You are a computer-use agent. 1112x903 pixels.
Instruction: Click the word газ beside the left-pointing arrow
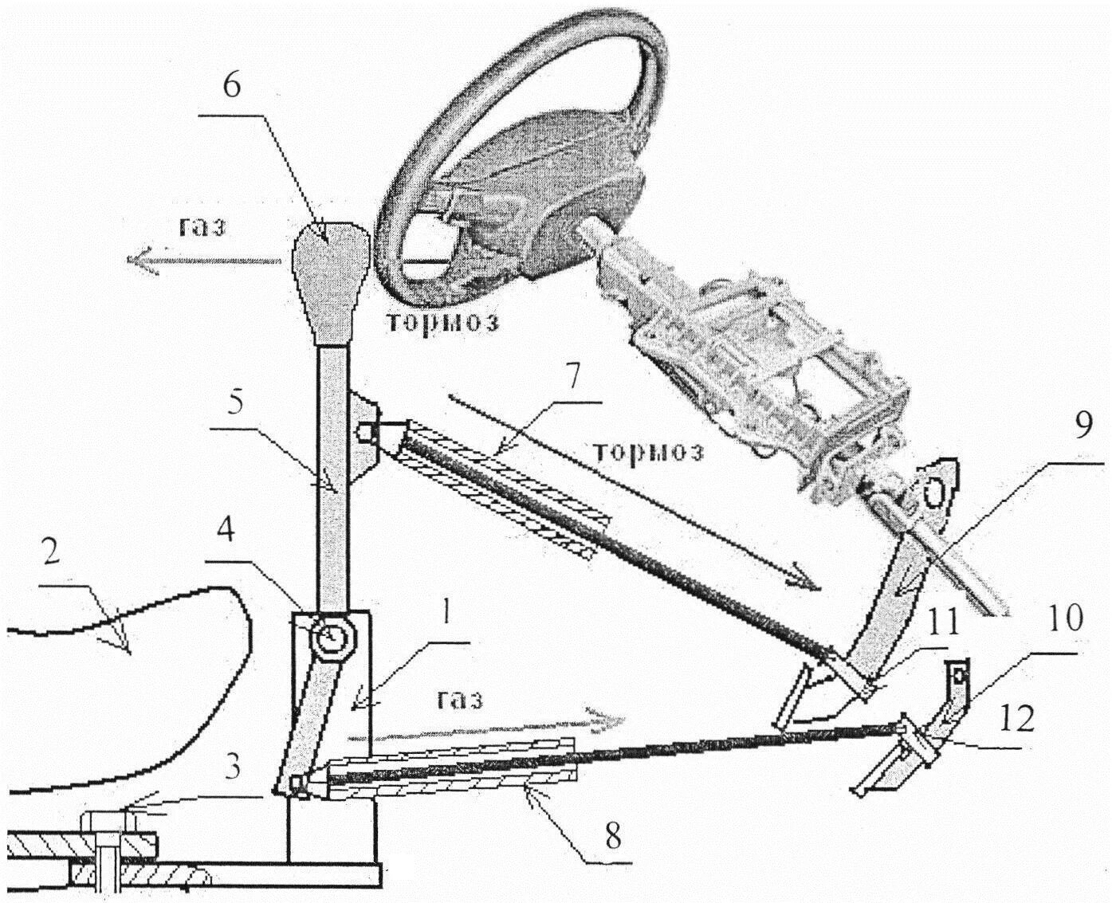(x=202, y=228)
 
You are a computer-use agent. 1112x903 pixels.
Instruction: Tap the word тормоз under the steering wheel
(x=442, y=322)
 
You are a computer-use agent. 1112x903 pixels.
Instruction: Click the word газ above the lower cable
(x=460, y=699)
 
